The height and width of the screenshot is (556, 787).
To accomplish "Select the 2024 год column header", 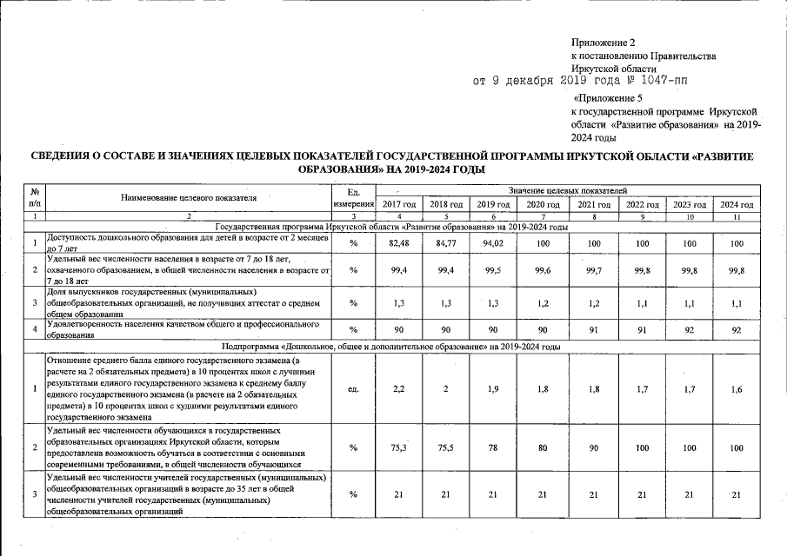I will pos(737,204).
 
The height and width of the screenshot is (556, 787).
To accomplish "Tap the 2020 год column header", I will pos(542,204).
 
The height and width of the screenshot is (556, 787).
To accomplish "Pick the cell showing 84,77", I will pos(445,243).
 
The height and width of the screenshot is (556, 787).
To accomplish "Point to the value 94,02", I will pos(492,243).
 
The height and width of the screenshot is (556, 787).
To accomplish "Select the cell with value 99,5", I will pos(492,270).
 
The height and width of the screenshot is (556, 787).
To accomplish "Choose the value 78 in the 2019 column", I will pos(492,447).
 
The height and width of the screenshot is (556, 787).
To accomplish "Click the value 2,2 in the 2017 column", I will pos(398,388).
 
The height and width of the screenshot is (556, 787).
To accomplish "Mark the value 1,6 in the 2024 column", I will pos(737,388).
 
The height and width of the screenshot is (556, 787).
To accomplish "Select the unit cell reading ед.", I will pos(353,388).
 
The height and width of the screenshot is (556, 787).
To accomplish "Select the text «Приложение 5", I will pos(608,99).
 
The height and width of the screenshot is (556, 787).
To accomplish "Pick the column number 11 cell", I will pos(737,215).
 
